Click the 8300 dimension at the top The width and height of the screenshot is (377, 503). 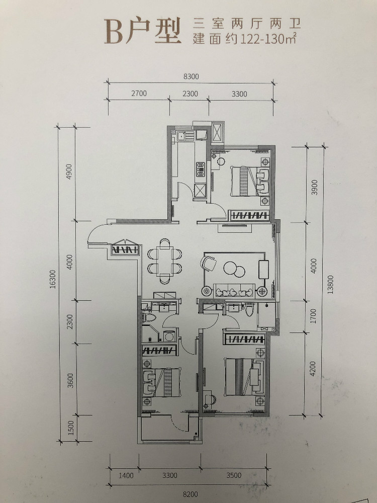pos(191,76)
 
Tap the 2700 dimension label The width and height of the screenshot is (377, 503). pos(139,94)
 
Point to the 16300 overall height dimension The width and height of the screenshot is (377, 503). pos(53,279)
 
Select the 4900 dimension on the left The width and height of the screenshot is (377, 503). pos(69,172)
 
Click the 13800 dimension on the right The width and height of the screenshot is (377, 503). pos(331,285)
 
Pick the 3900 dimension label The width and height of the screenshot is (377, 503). pos(314,187)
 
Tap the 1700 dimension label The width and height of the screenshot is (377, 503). pos(313,316)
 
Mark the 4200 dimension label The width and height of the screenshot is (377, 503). pos(313,368)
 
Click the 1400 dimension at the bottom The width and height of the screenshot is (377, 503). pos(126,475)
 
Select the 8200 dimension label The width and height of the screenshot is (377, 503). pos(191,494)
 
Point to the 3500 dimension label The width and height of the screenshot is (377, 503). pos(234,475)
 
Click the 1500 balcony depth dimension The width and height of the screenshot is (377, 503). pos(71,428)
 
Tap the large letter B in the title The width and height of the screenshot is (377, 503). pos(114,31)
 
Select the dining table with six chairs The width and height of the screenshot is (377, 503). pos(165,261)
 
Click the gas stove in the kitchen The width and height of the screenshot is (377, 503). pos(201,169)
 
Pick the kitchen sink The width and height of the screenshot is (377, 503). pos(181,136)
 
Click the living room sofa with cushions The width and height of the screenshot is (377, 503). pos(234,291)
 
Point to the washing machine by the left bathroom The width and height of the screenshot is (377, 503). pos(170,336)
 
